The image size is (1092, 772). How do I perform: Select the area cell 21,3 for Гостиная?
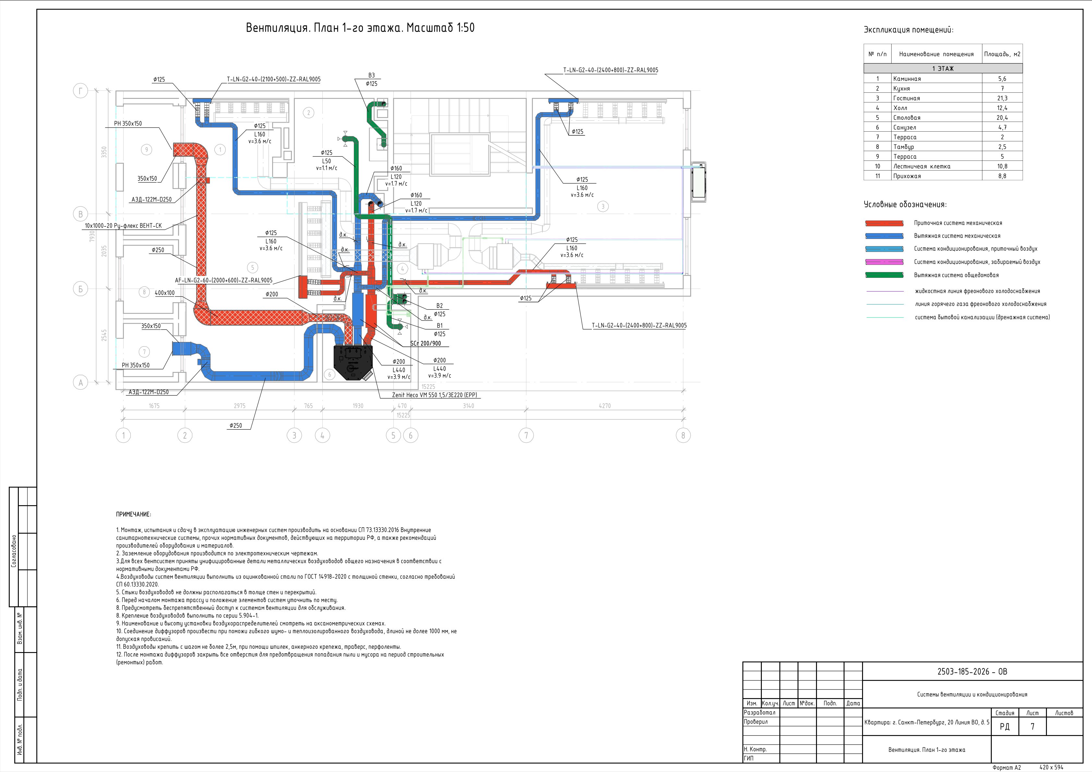(x=1002, y=98)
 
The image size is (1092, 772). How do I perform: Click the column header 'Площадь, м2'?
(x=1002, y=54)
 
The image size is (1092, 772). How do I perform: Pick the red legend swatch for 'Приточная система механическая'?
(x=884, y=223)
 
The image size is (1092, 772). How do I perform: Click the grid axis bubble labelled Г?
(x=80, y=91)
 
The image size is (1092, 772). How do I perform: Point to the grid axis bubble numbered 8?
(x=683, y=435)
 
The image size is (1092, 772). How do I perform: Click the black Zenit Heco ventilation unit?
(x=353, y=362)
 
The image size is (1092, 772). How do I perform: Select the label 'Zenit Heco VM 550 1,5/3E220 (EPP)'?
(x=434, y=395)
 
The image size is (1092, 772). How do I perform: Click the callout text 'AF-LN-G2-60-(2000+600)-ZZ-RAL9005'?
(x=223, y=280)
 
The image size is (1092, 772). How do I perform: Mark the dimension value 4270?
(x=605, y=406)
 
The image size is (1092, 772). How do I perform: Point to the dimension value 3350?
(x=104, y=152)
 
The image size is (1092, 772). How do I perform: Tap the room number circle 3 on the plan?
(x=603, y=206)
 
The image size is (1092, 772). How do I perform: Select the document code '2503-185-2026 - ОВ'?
(x=972, y=672)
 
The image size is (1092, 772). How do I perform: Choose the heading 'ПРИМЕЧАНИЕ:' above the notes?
(x=134, y=514)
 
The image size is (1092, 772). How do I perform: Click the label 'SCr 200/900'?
(x=426, y=343)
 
